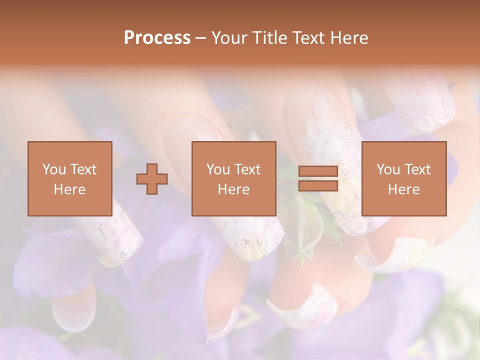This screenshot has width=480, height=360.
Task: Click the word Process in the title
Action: click(157, 38)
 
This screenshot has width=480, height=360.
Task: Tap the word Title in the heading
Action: click(270, 38)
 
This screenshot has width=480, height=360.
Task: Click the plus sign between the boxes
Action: click(152, 179)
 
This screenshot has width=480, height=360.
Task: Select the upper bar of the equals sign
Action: click(318, 171)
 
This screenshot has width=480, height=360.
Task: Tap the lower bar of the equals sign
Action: click(318, 186)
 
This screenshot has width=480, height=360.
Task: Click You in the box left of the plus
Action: click(53, 169)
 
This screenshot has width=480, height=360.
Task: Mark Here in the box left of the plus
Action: click(69, 189)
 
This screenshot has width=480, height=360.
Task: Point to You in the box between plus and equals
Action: click(218, 169)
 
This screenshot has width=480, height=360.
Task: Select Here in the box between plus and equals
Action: click(233, 189)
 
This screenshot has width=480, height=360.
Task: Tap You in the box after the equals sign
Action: click(388, 169)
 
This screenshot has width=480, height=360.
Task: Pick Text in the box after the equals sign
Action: click(416, 169)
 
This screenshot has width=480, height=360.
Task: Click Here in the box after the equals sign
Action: click(403, 189)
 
